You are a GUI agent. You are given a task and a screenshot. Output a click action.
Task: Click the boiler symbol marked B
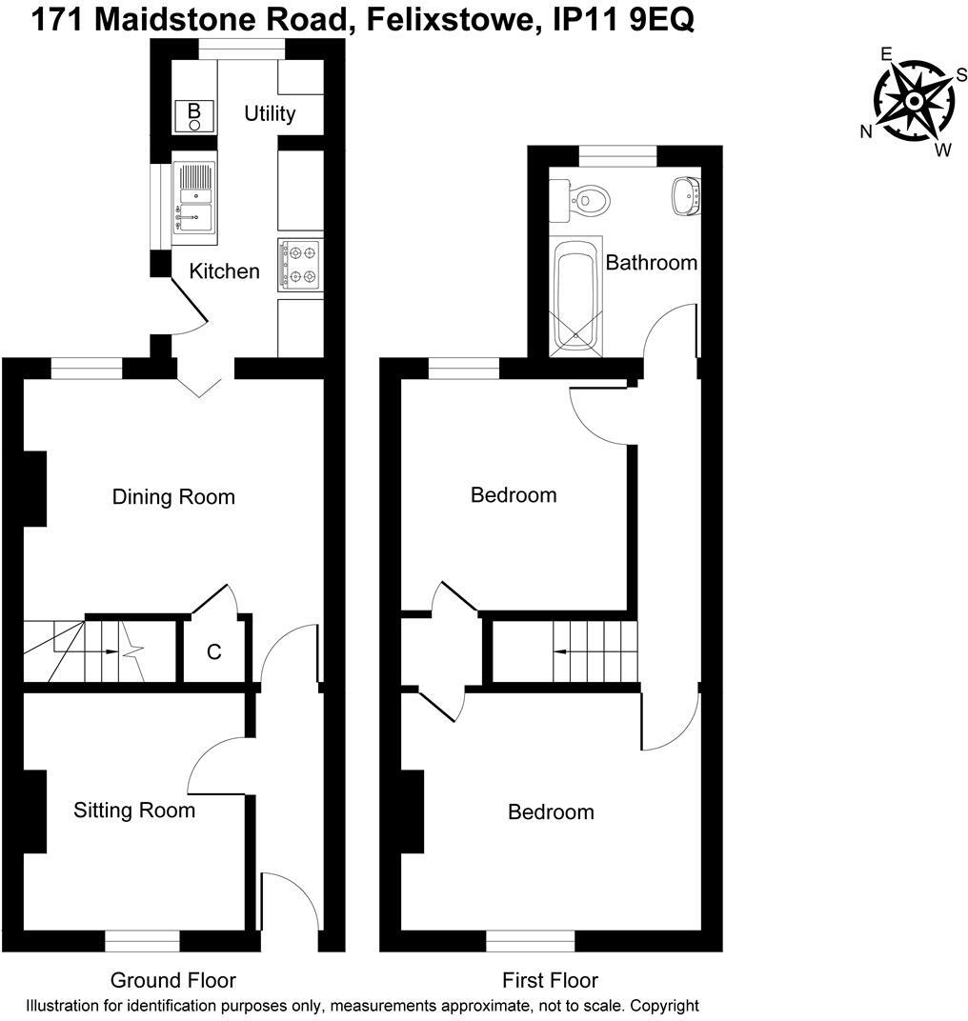pos(194,115)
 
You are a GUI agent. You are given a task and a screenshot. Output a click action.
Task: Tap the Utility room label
pos(270,114)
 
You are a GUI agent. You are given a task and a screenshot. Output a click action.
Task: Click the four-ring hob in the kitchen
pos(300,265)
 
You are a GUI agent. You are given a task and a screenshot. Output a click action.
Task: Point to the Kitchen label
pos(224,271)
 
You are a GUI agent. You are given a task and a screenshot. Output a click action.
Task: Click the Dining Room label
pos(173,497)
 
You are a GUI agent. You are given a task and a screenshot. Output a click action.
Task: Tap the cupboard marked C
pos(214,652)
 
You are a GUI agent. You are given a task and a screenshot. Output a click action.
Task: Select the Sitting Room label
pos(134,811)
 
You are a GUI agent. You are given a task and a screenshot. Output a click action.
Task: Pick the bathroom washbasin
pos(685,196)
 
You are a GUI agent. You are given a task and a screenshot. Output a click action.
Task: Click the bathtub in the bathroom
pos(575,297)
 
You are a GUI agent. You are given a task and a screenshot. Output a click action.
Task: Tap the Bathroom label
pos(652,263)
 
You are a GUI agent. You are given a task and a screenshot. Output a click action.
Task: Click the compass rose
pos(912,100)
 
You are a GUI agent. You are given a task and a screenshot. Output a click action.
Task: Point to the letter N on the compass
pos(866,132)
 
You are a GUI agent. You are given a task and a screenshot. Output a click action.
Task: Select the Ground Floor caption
pos(172,980)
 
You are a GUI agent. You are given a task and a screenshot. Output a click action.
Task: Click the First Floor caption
pos(550,980)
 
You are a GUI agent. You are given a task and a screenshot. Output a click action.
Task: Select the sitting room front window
pos(142,941)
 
